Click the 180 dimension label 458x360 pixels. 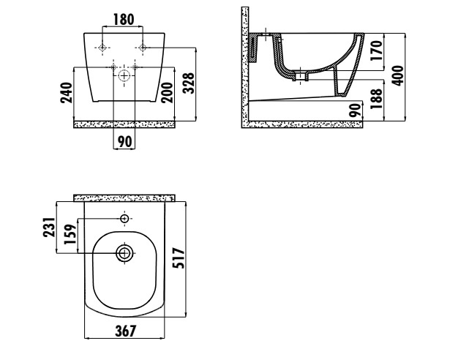coord(124,20)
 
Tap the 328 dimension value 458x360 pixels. coord(189,83)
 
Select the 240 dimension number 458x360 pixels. coord(67,93)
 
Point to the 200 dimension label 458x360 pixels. coord(167,93)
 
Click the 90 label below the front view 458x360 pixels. coord(124,142)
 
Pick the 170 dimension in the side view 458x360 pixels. coord(376,50)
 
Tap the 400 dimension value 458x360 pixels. coord(397,75)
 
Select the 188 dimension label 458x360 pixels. coord(376,99)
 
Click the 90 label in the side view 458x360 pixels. coord(356,110)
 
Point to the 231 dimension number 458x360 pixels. coord(49,227)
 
